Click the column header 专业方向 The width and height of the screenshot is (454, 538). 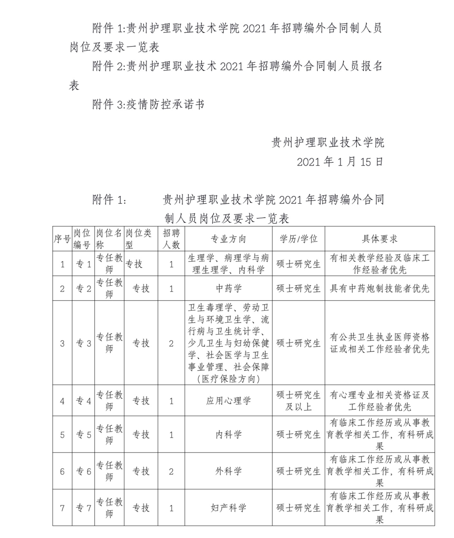[228, 239]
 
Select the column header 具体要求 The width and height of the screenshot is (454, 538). [379, 239]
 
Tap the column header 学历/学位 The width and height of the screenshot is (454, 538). [298, 239]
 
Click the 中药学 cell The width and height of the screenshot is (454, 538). [228, 288]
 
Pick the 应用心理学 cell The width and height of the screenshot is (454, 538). [228, 401]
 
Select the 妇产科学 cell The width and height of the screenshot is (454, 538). [228, 508]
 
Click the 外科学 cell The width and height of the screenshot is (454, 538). [228, 471]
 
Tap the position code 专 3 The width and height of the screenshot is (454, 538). [83, 343]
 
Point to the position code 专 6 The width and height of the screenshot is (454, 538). [83, 472]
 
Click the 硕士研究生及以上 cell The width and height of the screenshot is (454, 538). [298, 401]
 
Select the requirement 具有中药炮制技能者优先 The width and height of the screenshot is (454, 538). [379, 289]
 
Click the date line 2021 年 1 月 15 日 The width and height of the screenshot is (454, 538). [340, 162]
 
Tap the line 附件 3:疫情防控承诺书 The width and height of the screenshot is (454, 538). [148, 105]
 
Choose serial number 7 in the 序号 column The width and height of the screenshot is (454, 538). [62, 508]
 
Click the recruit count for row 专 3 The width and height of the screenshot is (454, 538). [171, 343]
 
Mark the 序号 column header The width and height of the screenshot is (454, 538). [62, 239]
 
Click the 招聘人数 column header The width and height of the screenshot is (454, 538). [171, 239]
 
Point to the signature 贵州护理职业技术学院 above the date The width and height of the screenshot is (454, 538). [328, 143]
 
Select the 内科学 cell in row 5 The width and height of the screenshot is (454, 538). [228, 435]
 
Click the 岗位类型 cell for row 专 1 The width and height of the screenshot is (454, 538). [134, 264]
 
